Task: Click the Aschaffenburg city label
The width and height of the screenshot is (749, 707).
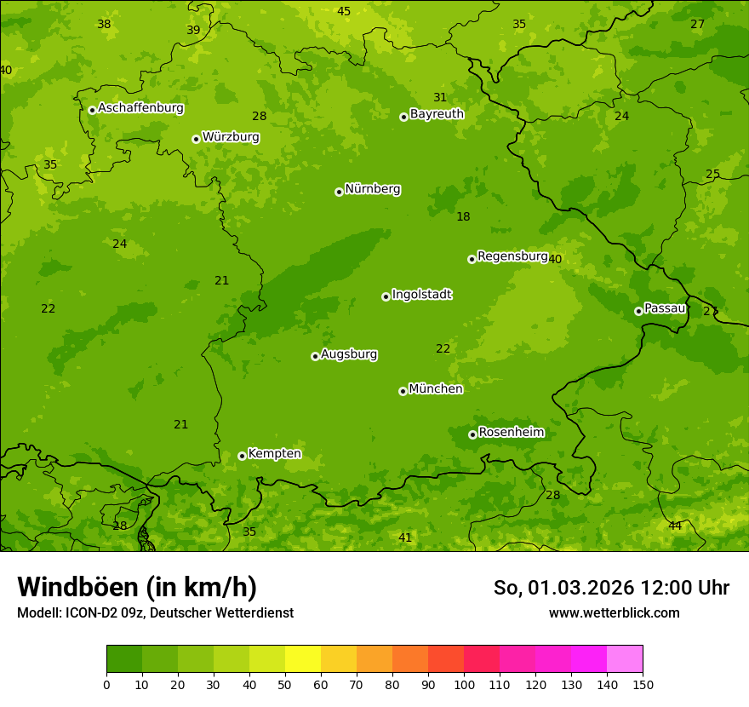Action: tap(140, 108)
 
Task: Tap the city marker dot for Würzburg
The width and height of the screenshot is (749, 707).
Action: tap(196, 139)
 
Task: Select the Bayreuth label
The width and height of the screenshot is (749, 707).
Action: tap(437, 114)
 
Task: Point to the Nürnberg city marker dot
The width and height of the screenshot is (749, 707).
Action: tap(339, 192)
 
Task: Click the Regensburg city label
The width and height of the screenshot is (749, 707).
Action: tap(512, 256)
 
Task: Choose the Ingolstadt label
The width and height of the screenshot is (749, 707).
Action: tap(421, 295)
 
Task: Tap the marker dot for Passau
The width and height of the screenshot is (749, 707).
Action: tap(638, 311)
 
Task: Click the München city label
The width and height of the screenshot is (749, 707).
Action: tap(436, 389)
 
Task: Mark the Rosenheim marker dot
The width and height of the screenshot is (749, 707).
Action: tap(472, 434)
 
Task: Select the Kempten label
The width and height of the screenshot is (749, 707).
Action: tap(274, 454)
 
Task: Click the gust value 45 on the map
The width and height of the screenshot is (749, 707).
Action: tap(344, 11)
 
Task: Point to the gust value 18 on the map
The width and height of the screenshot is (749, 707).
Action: tap(463, 216)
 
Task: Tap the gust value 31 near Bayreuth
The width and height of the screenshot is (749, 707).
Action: tap(440, 97)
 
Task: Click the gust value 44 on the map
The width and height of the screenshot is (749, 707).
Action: tap(675, 526)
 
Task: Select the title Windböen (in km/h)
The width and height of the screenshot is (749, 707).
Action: tap(137, 587)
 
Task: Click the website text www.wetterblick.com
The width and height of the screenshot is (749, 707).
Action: tap(614, 612)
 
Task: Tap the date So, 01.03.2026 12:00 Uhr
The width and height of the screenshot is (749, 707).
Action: tap(611, 588)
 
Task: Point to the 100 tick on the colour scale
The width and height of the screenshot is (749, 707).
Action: tap(464, 684)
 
